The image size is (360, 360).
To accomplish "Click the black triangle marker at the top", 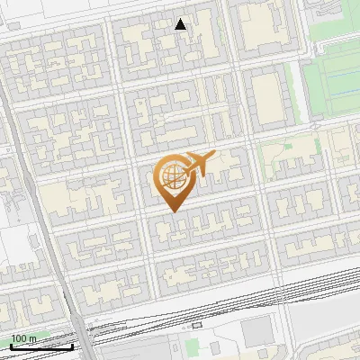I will point(181,24).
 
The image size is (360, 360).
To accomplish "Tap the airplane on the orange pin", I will point(199,164).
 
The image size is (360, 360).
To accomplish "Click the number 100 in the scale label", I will point(18,338).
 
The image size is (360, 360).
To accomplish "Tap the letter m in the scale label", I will point(32,338).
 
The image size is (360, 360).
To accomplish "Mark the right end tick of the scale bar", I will point(73,346).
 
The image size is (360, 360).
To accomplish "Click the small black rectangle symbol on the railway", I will point(197,325).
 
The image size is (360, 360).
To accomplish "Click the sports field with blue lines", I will point(335,85).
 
